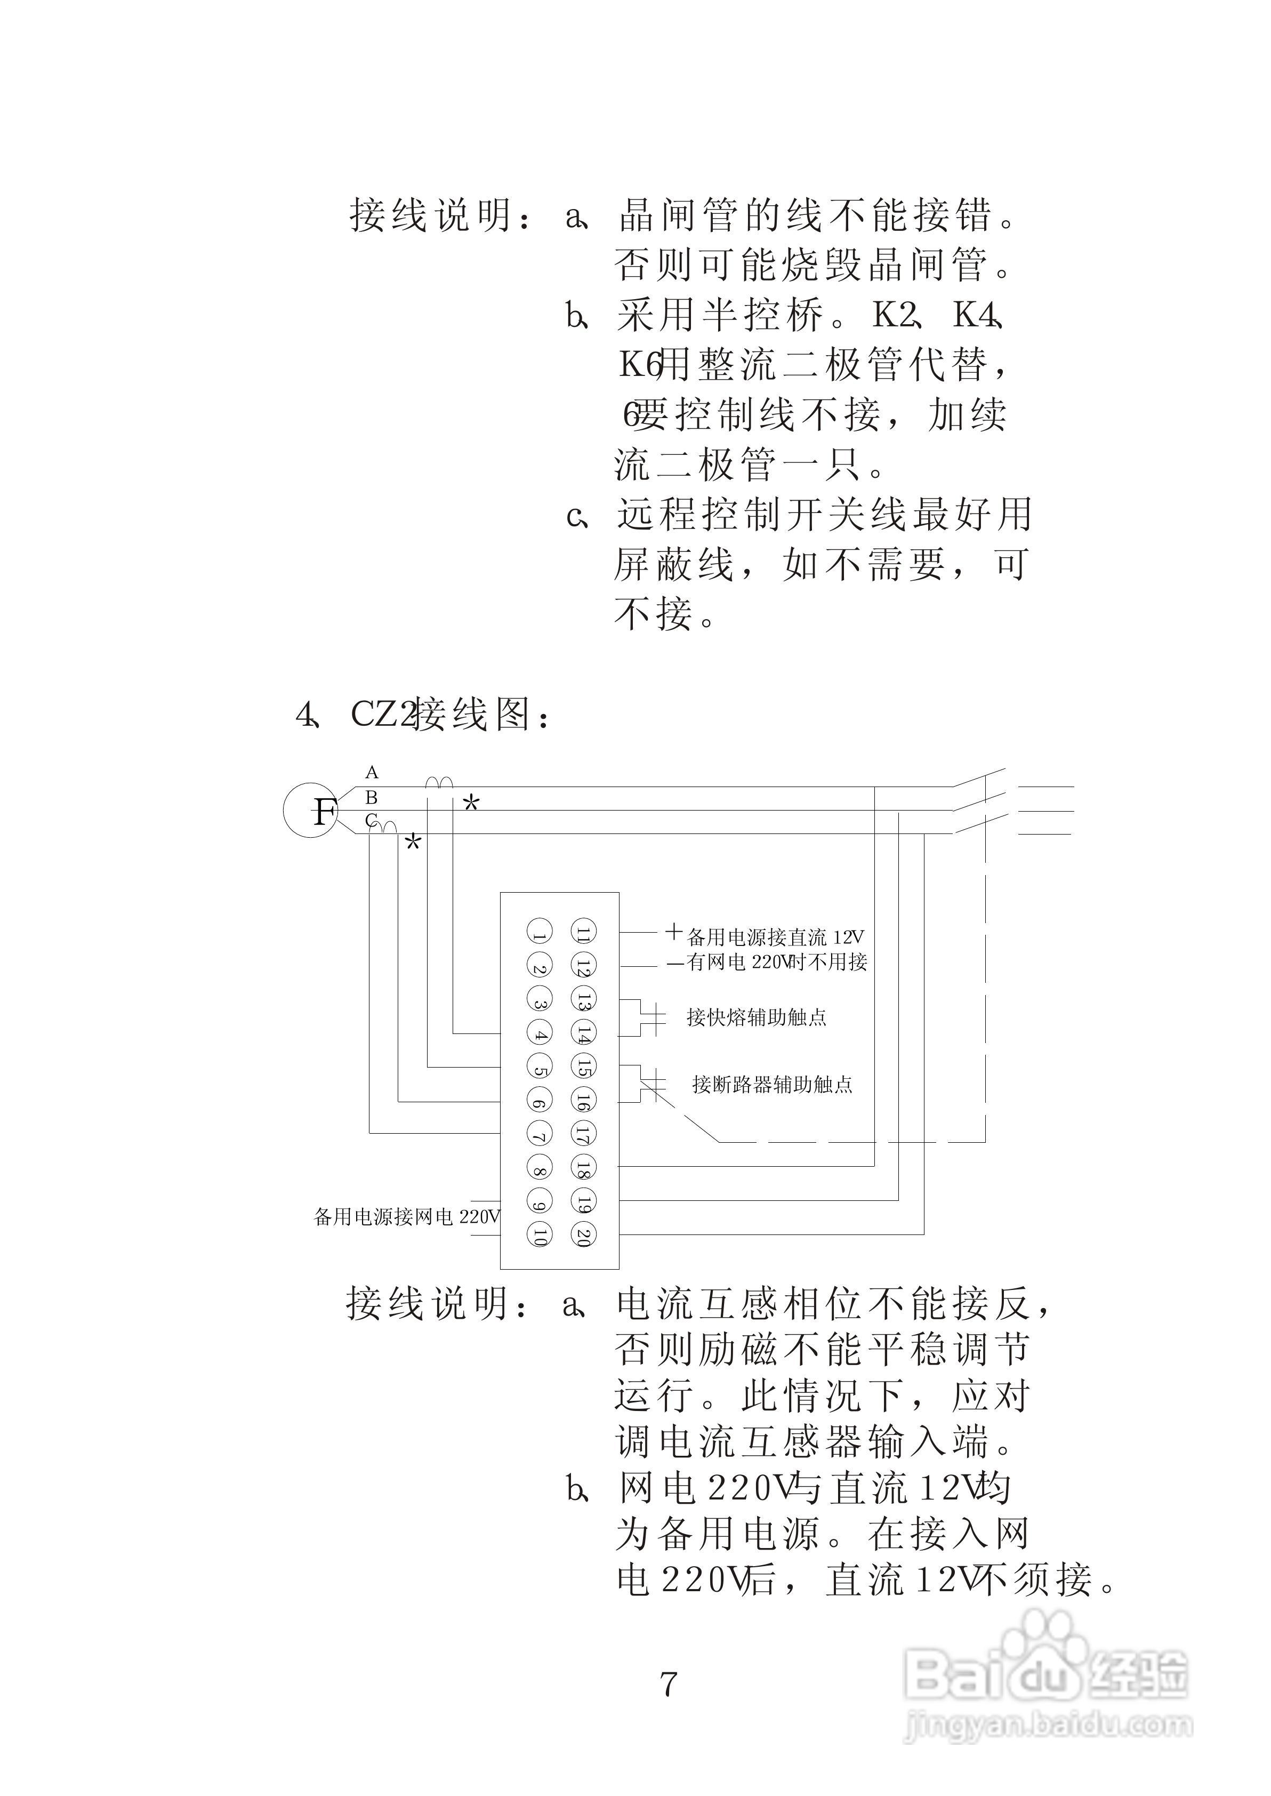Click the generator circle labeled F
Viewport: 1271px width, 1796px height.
[311, 811]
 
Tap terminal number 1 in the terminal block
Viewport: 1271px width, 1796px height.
[539, 932]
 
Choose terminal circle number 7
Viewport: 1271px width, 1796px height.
[539, 1134]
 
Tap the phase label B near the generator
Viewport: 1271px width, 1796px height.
[372, 797]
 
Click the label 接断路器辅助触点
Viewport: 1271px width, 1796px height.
[771, 1085]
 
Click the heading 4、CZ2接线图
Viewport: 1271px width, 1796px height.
[423, 713]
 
